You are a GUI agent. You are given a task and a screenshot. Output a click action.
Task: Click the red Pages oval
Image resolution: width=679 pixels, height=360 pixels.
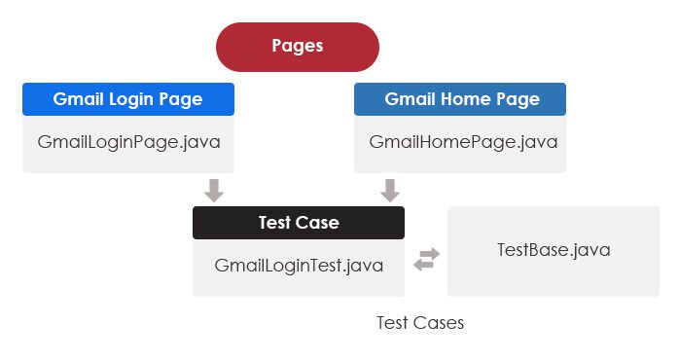click(x=297, y=47)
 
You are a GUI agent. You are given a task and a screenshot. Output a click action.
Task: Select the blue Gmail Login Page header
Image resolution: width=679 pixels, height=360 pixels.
click(x=127, y=99)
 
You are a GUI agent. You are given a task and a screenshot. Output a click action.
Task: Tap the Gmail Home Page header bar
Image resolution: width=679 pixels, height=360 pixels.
click(x=459, y=99)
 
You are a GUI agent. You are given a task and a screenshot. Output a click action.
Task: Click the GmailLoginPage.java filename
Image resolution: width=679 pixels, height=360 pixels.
click(x=128, y=142)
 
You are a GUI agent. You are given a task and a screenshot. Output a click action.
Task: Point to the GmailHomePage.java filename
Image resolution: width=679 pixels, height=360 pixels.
click(x=463, y=142)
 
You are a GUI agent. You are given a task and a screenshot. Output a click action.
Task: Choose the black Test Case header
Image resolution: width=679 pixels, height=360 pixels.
click(x=298, y=223)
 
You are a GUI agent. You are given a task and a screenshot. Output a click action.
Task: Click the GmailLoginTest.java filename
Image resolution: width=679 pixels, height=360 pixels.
click(x=299, y=265)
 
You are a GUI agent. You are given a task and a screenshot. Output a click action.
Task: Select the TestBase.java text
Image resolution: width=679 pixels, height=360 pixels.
click(x=554, y=250)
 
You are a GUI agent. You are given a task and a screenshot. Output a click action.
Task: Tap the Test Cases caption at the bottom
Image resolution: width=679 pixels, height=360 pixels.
click(x=420, y=323)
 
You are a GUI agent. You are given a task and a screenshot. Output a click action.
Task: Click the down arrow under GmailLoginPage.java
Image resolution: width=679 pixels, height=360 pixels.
click(x=214, y=191)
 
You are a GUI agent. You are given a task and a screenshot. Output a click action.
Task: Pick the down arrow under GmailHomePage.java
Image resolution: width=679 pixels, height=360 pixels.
click(x=390, y=191)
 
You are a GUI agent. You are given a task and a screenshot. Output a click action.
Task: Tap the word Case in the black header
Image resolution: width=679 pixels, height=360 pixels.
click(x=317, y=223)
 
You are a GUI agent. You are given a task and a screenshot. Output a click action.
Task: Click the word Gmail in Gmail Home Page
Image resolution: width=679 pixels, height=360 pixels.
click(x=409, y=99)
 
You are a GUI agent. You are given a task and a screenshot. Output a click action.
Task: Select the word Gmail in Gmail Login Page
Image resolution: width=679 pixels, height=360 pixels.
click(x=77, y=99)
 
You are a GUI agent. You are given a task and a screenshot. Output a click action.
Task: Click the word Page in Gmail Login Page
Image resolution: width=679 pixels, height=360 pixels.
click(x=183, y=99)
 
